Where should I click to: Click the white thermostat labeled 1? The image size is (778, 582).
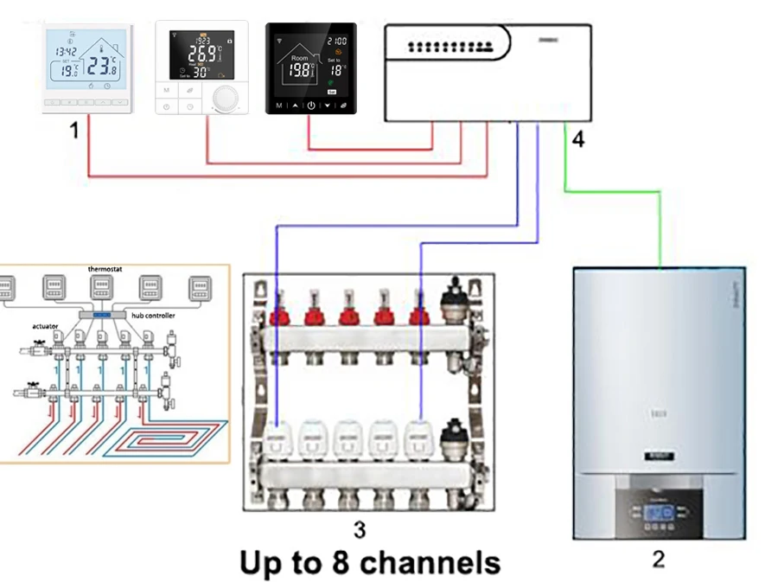(x=87, y=69)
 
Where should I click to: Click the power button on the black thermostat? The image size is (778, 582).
(x=311, y=106)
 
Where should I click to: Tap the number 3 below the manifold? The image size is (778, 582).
(x=359, y=528)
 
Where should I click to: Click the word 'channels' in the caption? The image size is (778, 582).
(x=429, y=563)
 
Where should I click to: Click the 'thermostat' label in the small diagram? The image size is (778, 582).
(x=105, y=270)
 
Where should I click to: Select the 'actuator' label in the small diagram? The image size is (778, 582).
(x=45, y=326)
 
